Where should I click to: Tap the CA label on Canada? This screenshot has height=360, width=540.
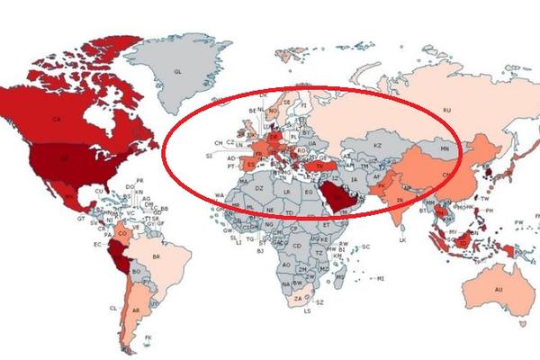coord(56,120)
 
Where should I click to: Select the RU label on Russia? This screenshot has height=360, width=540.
coord(445,110)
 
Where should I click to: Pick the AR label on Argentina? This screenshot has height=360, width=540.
coord(135,310)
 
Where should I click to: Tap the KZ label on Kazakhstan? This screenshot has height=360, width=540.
coord(378,145)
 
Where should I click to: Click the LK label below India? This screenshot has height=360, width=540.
coord(403,240)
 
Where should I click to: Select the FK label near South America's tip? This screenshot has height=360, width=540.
coord(149,337)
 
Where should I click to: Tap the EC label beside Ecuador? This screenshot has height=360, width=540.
coord(97,244)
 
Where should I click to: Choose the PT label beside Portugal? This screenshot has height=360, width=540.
coord(231,166)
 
